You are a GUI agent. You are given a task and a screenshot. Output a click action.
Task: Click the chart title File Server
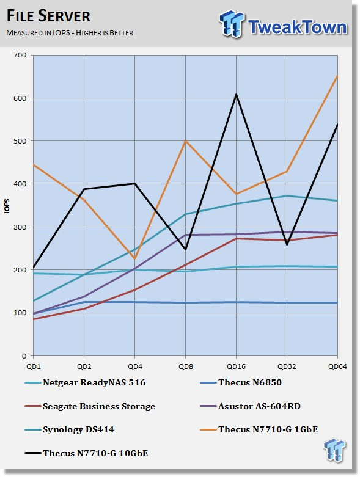[48, 16]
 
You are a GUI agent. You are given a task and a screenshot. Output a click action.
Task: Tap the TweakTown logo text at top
[297, 27]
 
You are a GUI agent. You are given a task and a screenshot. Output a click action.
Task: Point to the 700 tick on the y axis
[20, 55]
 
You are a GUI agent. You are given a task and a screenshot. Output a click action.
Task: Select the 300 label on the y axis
[20, 227]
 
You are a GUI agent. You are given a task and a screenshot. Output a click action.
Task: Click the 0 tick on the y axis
[24, 356]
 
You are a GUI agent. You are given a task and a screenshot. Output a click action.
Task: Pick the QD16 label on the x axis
[236, 366]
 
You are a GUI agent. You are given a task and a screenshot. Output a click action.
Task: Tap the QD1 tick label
[34, 366]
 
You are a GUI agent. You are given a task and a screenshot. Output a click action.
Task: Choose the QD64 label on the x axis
[337, 366]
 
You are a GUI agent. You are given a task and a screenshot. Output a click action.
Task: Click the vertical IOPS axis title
[7, 206]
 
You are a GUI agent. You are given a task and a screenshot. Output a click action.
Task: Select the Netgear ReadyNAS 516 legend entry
[85, 382]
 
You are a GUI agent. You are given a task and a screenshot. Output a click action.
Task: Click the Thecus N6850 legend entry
[241, 382]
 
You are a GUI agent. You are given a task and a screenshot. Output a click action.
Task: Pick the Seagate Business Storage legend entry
[90, 406]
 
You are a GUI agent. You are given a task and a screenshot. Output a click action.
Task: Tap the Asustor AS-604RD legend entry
[251, 406]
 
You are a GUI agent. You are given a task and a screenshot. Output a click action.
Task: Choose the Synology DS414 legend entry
[70, 429]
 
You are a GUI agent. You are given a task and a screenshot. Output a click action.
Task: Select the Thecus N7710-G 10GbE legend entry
[86, 453]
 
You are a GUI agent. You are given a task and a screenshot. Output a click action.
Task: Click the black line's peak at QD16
[236, 94]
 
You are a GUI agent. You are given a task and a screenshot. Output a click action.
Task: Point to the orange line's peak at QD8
[186, 141]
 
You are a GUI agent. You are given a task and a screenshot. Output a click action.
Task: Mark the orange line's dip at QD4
[135, 259]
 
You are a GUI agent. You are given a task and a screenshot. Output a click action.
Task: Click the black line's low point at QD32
[287, 244]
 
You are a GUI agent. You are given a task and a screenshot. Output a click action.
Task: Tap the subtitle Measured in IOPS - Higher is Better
[70, 33]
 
